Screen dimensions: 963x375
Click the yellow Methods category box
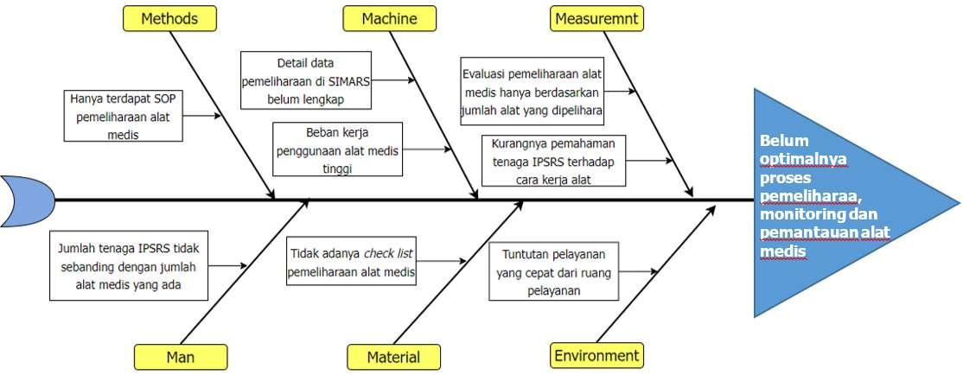(x=169, y=18)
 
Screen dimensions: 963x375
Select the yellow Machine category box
(x=389, y=18)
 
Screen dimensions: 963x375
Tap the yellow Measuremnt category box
(x=596, y=18)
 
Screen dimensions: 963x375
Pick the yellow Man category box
(x=181, y=356)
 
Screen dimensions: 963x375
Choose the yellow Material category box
(x=393, y=357)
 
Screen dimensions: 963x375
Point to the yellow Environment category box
(x=596, y=355)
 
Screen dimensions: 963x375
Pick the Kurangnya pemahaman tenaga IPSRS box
(x=554, y=161)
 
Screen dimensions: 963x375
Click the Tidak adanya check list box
(x=351, y=262)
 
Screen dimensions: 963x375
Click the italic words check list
(x=389, y=252)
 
